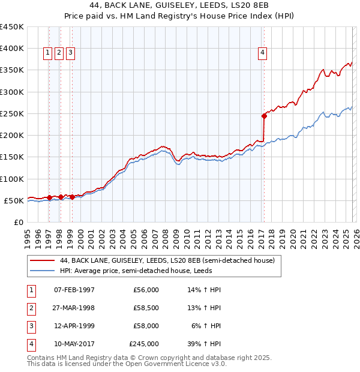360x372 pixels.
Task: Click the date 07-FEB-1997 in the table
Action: [x=74, y=290]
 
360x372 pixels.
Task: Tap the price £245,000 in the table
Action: [x=144, y=344]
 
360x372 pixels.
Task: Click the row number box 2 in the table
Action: [x=29, y=308]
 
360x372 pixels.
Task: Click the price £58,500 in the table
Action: [x=146, y=308]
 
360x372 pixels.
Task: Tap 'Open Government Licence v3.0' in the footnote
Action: [x=175, y=364]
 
